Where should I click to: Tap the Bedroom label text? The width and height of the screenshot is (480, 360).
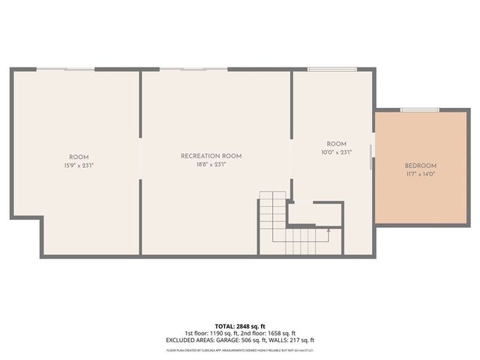[420, 166]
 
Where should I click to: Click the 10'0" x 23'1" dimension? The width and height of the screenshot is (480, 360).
[336, 151]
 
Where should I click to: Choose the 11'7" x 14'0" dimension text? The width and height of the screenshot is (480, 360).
[420, 174]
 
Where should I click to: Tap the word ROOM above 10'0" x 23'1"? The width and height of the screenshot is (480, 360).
[336, 143]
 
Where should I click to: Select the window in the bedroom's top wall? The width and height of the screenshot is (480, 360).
[419, 110]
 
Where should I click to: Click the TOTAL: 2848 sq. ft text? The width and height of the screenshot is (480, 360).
[239, 326]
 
